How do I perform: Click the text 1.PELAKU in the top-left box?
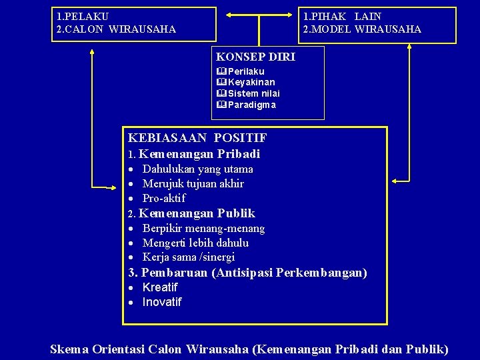tap(83, 15)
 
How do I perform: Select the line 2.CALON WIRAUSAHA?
tap(117, 29)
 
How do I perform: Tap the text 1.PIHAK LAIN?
tap(342, 15)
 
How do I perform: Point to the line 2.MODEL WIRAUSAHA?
tap(362, 29)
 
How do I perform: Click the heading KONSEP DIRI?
tap(255, 57)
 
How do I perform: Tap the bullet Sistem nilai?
tap(254, 93)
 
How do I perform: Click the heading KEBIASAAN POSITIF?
tap(197, 138)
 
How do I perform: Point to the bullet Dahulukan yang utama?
tap(197, 169)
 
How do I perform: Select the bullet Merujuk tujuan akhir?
tap(193, 183)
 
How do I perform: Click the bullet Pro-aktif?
tap(164, 198)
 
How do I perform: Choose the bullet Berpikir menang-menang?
tap(203, 228)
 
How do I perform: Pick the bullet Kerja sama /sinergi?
tap(188, 257)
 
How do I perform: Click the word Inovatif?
tap(162, 302)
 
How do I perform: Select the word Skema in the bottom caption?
tap(71, 349)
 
